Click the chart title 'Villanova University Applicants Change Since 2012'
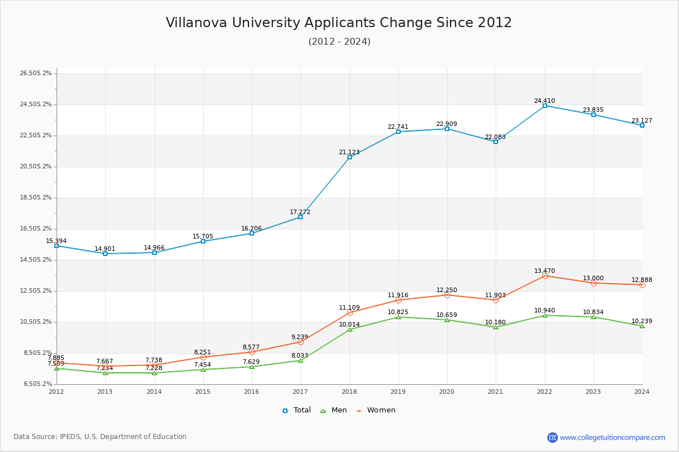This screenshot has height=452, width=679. (x=338, y=23)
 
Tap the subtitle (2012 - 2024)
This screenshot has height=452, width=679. (x=339, y=42)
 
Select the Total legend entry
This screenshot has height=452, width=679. (x=297, y=410)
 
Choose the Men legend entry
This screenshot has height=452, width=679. (x=334, y=410)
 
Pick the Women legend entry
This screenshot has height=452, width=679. (x=376, y=410)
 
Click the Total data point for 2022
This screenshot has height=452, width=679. (x=545, y=106)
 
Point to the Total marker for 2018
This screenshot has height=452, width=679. (x=350, y=157)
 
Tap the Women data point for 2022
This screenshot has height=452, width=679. (x=545, y=276)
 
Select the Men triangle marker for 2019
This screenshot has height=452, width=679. (x=398, y=317)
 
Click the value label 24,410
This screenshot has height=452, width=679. (x=544, y=101)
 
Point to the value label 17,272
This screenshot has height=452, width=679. (x=300, y=212)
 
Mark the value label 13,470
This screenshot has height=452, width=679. (x=544, y=271)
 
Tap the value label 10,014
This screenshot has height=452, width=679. (x=350, y=324)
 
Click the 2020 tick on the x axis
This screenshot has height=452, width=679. (x=446, y=392)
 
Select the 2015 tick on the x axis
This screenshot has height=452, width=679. (x=203, y=392)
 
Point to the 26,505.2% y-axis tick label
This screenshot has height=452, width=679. (x=36, y=73)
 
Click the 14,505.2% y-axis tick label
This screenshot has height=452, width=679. (x=36, y=260)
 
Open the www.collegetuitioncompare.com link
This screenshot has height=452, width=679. (x=612, y=437)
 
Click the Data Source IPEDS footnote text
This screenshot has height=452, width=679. (x=100, y=437)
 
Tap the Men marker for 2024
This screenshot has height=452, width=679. (x=642, y=326)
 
